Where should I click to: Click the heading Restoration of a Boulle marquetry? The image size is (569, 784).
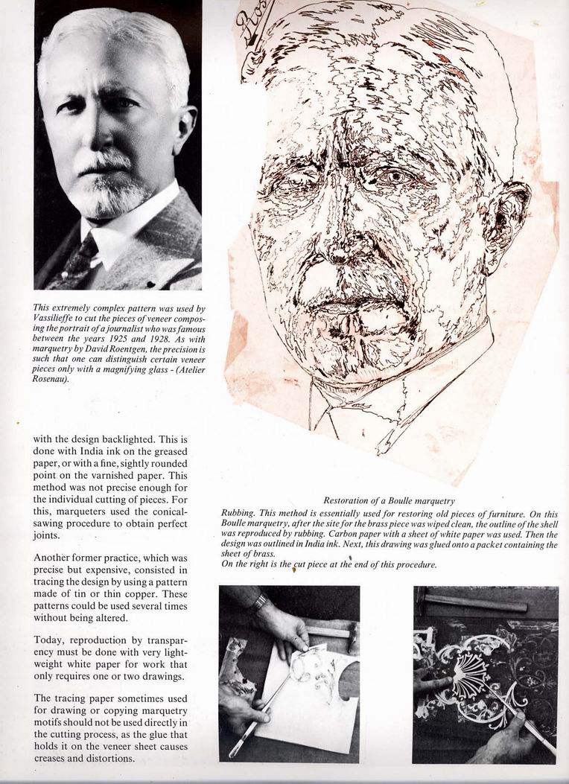coord(389,500)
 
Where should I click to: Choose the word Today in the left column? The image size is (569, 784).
coord(50,640)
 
